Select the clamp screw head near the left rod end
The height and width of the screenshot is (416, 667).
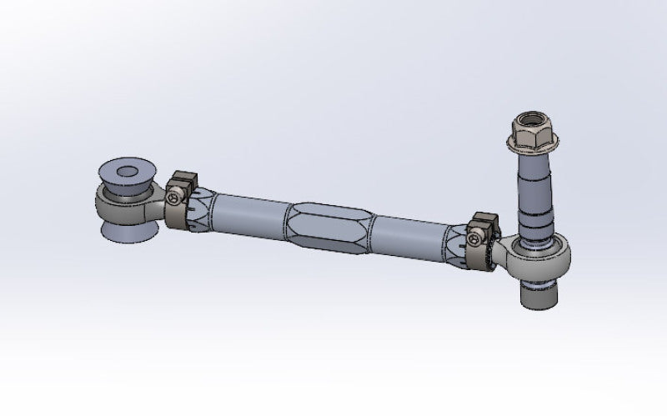pos(173,198)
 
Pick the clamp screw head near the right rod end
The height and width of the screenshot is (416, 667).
pos(476,241)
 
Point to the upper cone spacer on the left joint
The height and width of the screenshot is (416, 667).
pos(125,175)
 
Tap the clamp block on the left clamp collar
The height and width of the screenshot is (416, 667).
pos(183,182)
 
